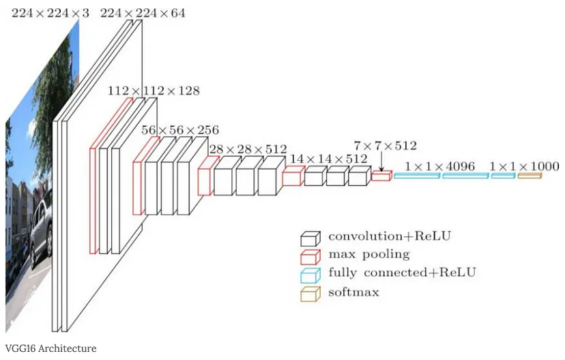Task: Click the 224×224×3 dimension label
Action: click(x=46, y=13)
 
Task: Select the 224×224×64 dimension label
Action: click(x=142, y=13)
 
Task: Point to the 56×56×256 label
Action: click(x=180, y=130)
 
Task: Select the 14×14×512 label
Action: click(x=328, y=159)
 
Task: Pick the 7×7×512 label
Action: click(x=385, y=145)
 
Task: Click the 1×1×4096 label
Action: click(x=441, y=166)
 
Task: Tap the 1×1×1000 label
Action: click(x=524, y=166)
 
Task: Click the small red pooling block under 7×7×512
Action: click(x=381, y=177)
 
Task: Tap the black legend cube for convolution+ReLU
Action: click(x=310, y=238)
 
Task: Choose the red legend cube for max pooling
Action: click(x=310, y=256)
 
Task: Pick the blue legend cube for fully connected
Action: click(x=310, y=275)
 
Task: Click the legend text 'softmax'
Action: click(x=353, y=292)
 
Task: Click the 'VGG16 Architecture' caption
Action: click(x=50, y=348)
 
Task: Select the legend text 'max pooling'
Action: click(x=368, y=255)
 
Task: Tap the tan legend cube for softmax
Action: click(x=310, y=294)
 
